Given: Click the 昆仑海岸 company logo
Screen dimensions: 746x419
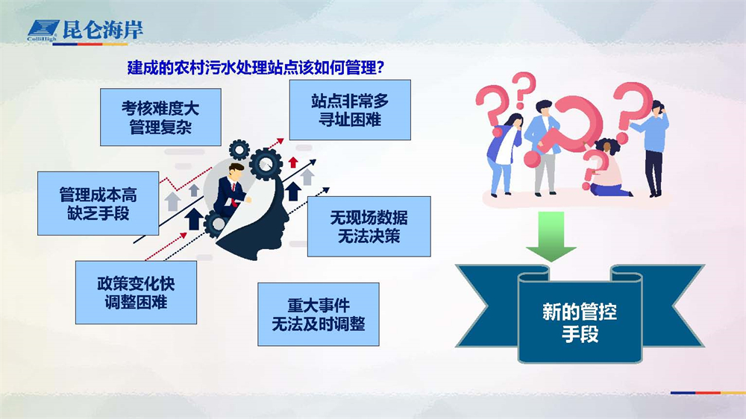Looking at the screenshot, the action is tap(85, 31).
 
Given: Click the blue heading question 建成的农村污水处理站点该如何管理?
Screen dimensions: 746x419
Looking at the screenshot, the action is tap(255, 68).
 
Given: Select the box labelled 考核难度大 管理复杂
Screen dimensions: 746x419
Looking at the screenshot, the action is tap(160, 117).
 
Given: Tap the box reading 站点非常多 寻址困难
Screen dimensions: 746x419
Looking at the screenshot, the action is tap(350, 110).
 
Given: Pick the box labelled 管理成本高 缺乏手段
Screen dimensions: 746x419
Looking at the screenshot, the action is tap(98, 204).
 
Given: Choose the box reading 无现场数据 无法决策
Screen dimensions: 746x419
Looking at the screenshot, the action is tap(369, 227).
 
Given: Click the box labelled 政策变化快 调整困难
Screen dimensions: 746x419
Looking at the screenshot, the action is tap(136, 292).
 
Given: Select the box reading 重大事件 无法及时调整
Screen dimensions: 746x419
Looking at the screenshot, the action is tap(319, 315).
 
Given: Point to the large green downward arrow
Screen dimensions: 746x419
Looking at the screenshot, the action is tap(551, 236).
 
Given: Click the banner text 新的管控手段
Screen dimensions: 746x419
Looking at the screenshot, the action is tap(580, 323).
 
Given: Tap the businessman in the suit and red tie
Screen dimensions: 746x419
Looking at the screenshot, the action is tap(231, 189).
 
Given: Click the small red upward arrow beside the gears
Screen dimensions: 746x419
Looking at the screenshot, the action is tap(293, 162).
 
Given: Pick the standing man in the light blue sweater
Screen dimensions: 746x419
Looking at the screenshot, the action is tap(653, 148).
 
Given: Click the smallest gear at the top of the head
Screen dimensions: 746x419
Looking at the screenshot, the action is tap(239, 150).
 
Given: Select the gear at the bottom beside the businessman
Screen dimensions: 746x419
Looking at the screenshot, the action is tap(216, 224).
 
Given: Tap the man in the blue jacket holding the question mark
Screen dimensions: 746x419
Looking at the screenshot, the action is tap(543, 148).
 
